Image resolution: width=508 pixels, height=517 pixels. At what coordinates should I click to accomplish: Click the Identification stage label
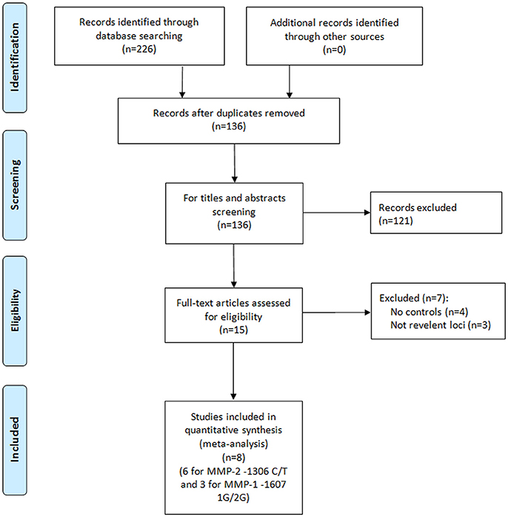click(x=15, y=57)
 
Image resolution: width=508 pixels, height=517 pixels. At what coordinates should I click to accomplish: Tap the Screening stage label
click(x=15, y=184)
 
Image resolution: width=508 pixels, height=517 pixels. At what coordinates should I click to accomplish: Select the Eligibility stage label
click(x=15, y=310)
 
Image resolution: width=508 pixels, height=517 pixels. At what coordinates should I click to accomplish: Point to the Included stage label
click(x=15, y=439)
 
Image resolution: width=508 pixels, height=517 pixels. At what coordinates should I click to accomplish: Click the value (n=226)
click(x=139, y=49)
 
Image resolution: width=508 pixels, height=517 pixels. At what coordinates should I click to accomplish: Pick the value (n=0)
click(x=334, y=50)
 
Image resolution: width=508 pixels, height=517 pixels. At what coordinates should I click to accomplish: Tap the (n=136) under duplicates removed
click(x=229, y=126)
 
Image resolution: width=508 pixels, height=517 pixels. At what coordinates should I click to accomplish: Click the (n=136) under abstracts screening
click(x=234, y=225)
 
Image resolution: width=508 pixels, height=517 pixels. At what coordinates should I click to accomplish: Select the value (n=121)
click(x=396, y=221)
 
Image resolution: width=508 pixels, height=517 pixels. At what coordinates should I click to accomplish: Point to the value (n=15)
click(x=233, y=330)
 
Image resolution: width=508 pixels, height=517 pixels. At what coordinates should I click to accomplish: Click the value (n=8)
click(x=234, y=457)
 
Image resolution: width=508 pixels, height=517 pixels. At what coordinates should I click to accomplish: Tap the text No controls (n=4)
click(x=430, y=312)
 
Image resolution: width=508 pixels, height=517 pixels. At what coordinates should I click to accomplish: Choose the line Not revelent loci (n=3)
click(x=441, y=325)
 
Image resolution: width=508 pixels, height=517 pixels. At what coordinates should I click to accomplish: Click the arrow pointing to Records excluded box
click(x=337, y=213)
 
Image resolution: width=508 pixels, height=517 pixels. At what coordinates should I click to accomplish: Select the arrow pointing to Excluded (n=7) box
click(x=337, y=313)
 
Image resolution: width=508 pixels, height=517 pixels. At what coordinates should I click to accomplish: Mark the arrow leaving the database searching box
click(x=182, y=81)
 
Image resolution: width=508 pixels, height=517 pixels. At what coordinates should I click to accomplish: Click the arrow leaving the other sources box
click(x=290, y=81)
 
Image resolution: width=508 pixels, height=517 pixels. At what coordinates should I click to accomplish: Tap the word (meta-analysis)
click(x=234, y=444)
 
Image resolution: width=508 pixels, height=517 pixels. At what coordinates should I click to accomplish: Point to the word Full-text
click(x=190, y=303)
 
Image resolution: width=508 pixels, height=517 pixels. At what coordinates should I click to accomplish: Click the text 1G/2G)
click(x=233, y=498)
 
